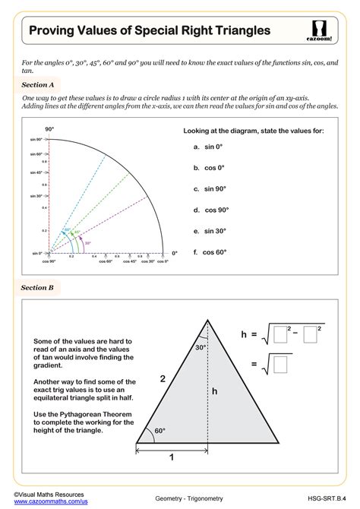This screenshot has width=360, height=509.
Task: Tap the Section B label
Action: pos(37,288)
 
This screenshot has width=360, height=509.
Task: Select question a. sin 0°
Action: pos(210,147)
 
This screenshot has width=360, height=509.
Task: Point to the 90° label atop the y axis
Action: pos(49,130)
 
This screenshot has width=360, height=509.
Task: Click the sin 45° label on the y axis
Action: pos(37,172)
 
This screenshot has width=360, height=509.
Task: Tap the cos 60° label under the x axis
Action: pos(105,261)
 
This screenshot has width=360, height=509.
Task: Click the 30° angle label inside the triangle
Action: pos(200,347)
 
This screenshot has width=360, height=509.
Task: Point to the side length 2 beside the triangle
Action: pos(161,378)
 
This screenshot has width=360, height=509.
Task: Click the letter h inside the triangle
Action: pos(215,391)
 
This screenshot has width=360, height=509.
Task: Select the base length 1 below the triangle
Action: pos(172,457)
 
